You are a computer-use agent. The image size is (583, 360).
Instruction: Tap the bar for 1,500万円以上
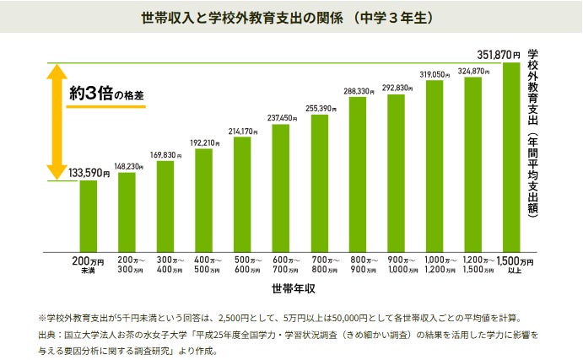click(x=512, y=156)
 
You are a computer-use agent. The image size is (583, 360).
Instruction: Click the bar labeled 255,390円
click(x=319, y=182)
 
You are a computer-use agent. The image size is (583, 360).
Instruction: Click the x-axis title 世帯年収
click(x=294, y=289)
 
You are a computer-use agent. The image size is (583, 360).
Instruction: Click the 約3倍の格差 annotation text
click(x=106, y=93)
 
